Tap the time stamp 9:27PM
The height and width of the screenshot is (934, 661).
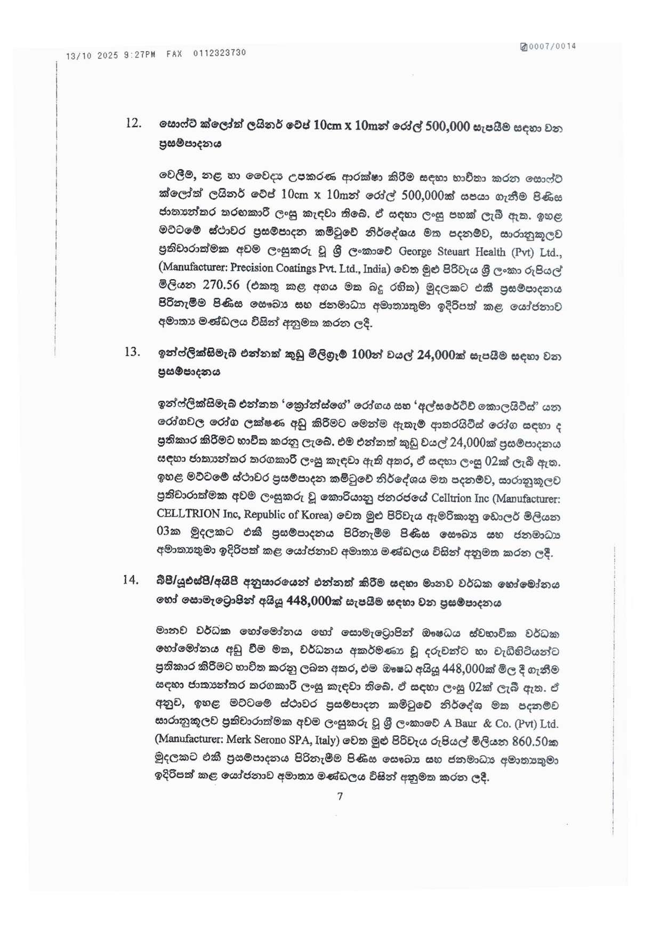click(x=139, y=54)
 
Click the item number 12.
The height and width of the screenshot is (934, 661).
click(x=133, y=124)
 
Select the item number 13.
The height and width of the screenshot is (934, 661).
click(x=132, y=352)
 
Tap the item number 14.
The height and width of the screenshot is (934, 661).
click(x=131, y=580)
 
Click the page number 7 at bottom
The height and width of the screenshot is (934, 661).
click(x=340, y=797)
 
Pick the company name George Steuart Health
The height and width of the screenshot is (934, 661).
click(x=453, y=252)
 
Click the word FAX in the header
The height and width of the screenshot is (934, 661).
click(x=174, y=54)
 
